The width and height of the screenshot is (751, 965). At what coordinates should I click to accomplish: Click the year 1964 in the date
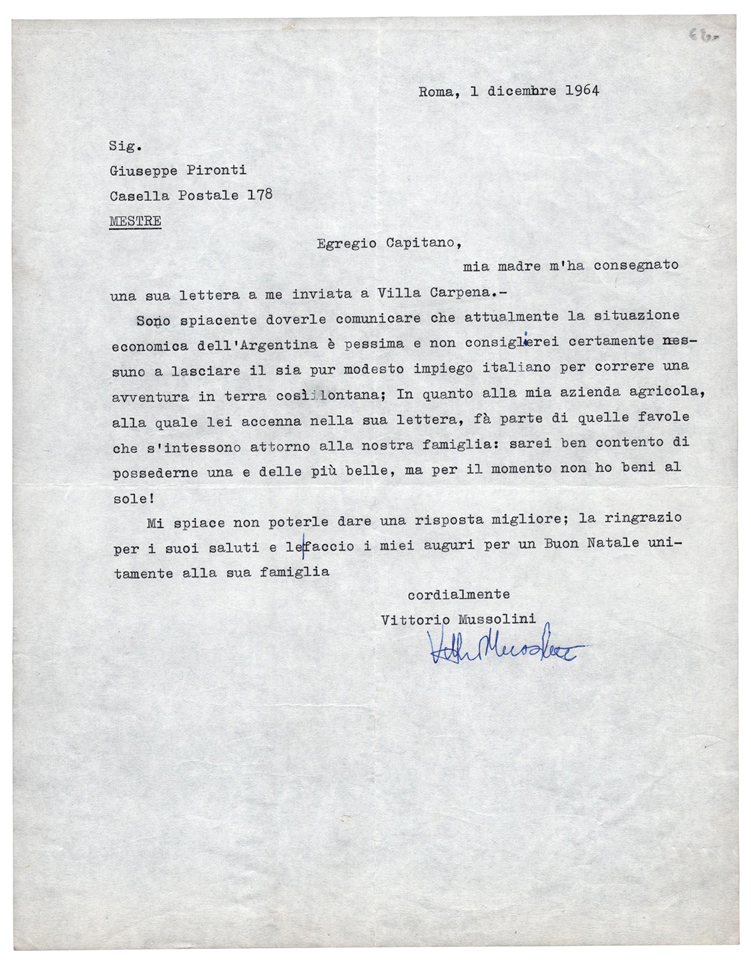[582, 90]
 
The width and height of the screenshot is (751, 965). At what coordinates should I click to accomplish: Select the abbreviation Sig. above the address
[125, 146]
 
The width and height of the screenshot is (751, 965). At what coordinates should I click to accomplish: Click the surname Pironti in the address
[216, 170]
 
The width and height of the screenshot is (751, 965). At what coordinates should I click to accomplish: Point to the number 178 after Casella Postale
[259, 195]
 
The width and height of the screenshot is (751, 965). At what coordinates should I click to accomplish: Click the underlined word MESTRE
[135, 221]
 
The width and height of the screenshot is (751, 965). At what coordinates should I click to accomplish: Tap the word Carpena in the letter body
[460, 292]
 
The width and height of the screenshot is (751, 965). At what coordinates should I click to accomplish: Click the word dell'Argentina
[257, 345]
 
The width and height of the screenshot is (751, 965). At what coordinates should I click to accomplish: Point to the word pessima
[374, 344]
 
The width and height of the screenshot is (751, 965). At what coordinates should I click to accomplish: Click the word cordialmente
[458, 595]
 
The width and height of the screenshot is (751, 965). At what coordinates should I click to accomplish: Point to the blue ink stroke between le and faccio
[303, 547]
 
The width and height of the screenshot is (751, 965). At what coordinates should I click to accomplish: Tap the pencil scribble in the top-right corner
[703, 36]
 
